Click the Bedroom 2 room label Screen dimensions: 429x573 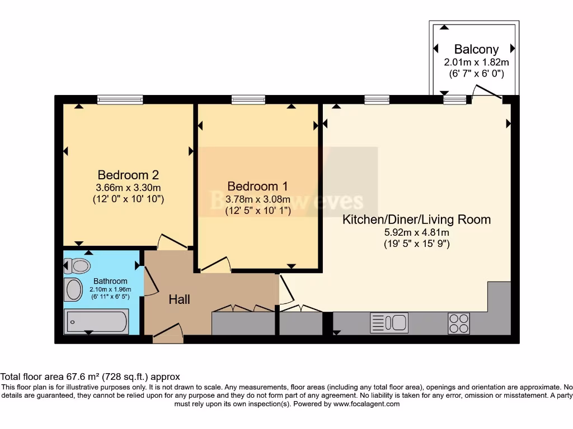(123, 175)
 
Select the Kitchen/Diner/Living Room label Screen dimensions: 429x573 (416, 220)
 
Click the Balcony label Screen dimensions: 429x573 (476, 49)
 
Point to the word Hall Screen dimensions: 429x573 (180, 299)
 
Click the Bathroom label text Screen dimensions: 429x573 (110, 281)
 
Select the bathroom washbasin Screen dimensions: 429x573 (73, 289)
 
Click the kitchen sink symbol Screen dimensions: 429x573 (389, 323)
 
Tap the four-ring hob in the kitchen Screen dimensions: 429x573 (458, 323)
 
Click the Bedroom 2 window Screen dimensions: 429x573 (120, 99)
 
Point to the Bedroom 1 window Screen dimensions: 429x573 (248, 99)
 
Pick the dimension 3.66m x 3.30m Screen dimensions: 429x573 (123, 188)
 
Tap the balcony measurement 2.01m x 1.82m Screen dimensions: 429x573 (476, 62)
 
